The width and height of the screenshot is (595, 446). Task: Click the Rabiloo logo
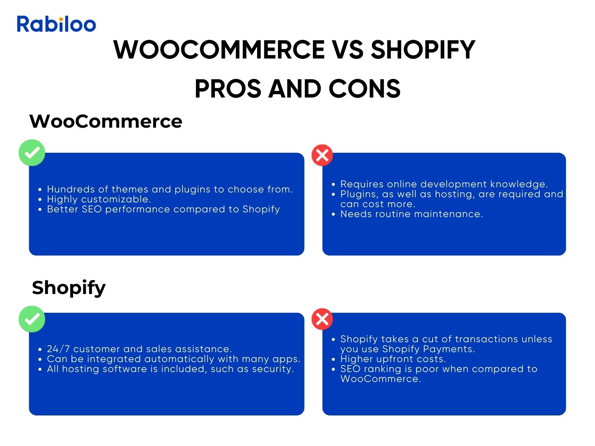pos(56,24)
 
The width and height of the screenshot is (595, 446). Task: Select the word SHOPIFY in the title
pos(423,50)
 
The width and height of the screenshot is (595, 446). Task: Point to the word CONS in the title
pos(365,89)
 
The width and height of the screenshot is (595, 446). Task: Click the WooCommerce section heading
pos(106,121)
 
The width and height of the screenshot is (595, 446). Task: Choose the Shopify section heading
pos(68,288)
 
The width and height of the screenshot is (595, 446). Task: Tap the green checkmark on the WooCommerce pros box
pos(32,153)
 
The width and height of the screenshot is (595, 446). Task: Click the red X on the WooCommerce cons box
pos(322,155)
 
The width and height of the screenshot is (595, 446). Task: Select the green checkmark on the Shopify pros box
pos(32,319)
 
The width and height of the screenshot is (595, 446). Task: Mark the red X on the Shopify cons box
pos(322,319)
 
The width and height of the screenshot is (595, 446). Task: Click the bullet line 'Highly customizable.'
pos(99,199)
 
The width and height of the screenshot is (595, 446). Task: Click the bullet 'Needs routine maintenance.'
pos(412,214)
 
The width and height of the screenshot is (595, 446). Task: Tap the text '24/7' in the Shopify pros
pos(58,349)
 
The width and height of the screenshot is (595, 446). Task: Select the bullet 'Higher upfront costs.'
pos(393,359)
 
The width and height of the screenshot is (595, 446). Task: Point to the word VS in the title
pos(348,50)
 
